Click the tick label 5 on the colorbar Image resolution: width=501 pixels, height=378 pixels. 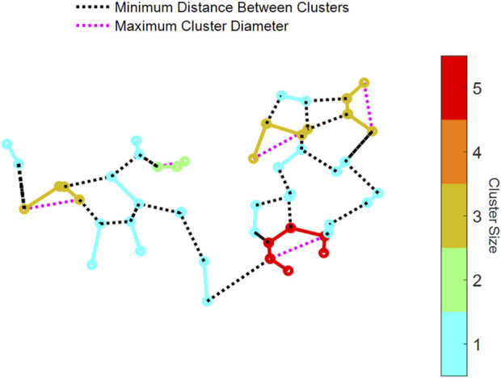pos(478,89)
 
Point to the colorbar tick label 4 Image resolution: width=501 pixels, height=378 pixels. pos(478,153)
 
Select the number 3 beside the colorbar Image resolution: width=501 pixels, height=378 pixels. pos(478,216)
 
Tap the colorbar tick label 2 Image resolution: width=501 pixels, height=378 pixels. pos(478,280)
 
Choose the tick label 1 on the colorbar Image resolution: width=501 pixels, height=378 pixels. pos(478,344)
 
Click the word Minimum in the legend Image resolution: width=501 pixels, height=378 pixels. pos(141,10)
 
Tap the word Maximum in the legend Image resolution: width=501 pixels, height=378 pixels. pos(143,26)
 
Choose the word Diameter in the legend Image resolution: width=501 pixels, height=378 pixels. pos(263,26)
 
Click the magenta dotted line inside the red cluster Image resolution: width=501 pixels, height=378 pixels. pos(299,248)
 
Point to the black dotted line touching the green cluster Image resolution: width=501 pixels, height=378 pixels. pos(148,160)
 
